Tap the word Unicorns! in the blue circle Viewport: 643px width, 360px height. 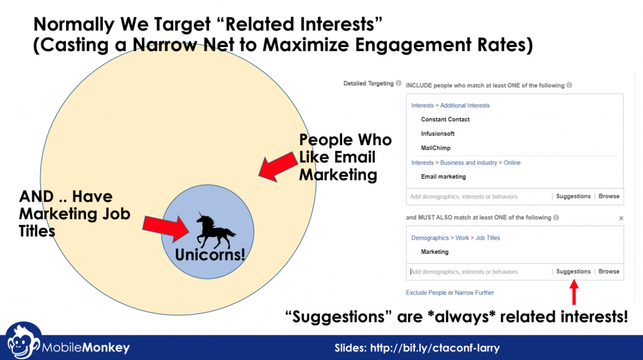tap(210, 255)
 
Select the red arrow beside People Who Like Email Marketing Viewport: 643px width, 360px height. tap(278, 166)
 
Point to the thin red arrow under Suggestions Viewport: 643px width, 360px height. tap(574, 292)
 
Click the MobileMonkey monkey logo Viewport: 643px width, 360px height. tap(23, 341)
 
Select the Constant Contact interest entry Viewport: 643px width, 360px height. tap(445, 119)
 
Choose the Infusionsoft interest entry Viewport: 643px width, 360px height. tap(438, 134)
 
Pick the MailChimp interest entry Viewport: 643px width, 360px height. tap(436, 148)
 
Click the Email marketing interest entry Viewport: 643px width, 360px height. tap(443, 177)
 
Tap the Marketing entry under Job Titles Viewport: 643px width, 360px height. tap(435, 252)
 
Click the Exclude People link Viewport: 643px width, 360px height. tap(426, 293)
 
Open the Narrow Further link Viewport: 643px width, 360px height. tap(474, 293)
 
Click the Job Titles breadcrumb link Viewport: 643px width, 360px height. tap(487, 238)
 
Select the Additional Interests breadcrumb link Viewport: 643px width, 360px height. tap(465, 106)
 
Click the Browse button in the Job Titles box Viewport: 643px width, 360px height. tap(609, 271)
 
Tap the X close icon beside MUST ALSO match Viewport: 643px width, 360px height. tap(621, 219)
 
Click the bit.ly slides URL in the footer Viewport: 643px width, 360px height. tap(435, 348)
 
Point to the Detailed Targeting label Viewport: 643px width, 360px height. tap(368, 84)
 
